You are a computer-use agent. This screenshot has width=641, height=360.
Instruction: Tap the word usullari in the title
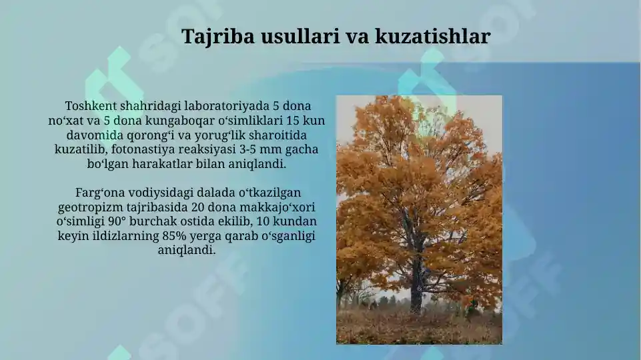[x=301, y=37]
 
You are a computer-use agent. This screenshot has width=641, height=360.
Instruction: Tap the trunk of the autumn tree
[x=417, y=280]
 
